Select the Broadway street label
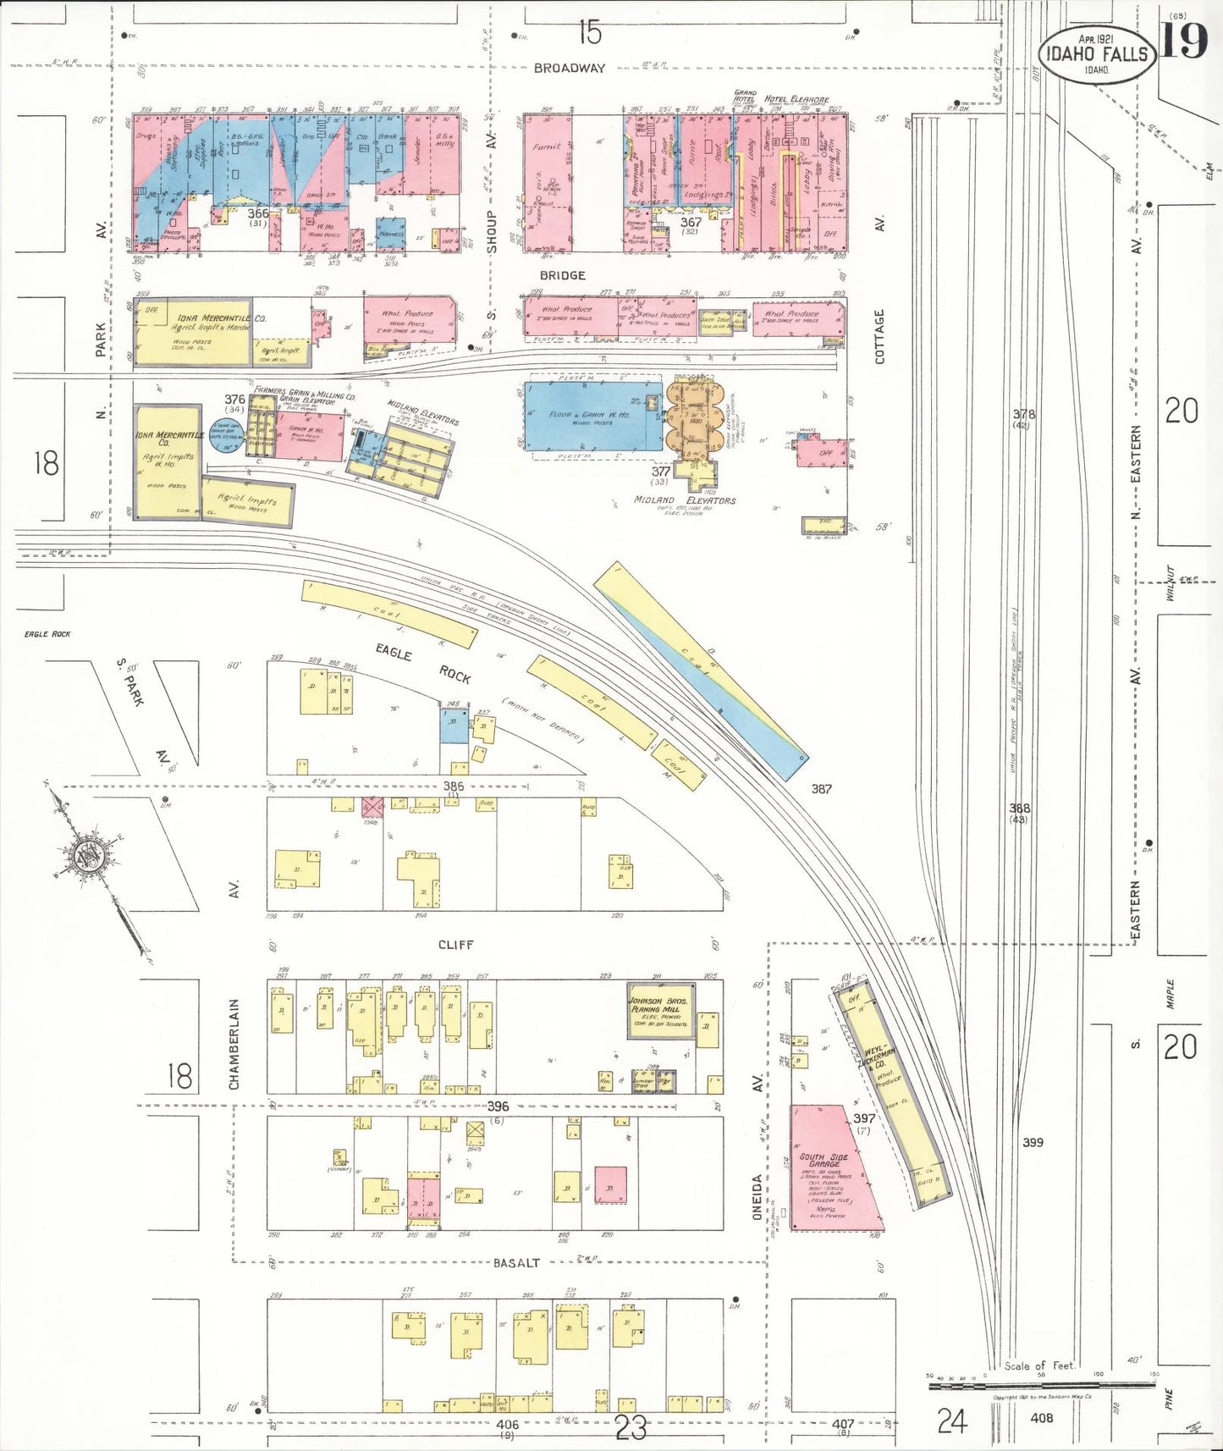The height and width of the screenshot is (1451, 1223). pos(570,68)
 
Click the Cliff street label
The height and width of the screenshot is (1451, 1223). pos(455,944)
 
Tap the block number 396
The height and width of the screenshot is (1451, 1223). pos(498,1106)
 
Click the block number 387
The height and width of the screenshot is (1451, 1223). pos(820,789)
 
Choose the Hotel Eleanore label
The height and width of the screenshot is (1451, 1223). pos(796,99)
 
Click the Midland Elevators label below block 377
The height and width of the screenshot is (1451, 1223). pos(685,500)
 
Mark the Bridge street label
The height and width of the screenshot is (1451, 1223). pos(562,275)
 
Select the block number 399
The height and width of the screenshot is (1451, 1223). pos(1033,1142)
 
